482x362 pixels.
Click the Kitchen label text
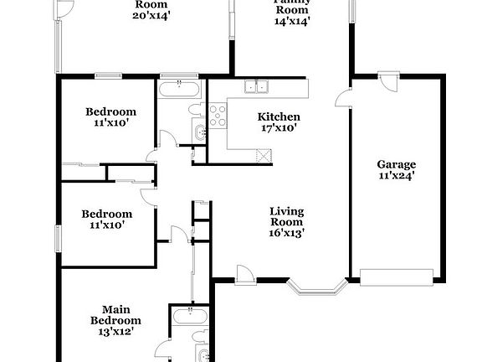click(x=279, y=116)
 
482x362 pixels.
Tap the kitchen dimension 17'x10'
click(x=279, y=128)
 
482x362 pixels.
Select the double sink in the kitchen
click(x=256, y=85)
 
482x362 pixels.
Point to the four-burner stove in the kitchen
click(x=218, y=116)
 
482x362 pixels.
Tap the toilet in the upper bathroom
click(x=194, y=110)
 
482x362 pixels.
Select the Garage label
click(x=396, y=165)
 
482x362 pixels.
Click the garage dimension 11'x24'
click(x=396, y=176)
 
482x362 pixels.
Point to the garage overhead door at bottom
click(x=396, y=276)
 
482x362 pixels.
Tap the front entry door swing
click(x=244, y=272)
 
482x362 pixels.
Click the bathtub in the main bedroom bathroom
click(x=189, y=316)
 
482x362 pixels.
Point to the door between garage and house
click(x=343, y=100)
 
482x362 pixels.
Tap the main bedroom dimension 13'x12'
click(x=115, y=332)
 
